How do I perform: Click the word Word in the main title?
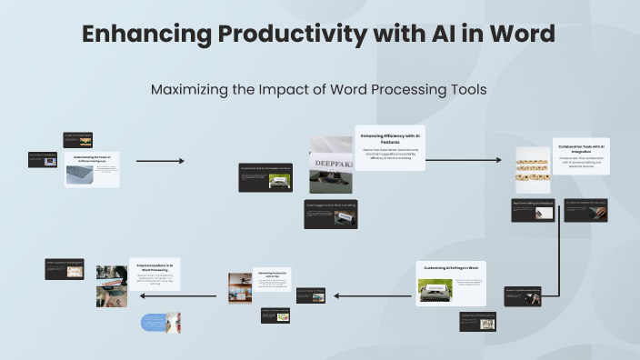click(517, 35)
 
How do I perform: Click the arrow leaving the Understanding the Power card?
click(160, 161)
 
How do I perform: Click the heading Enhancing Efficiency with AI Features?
click(391, 137)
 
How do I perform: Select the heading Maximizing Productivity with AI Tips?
click(269, 275)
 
